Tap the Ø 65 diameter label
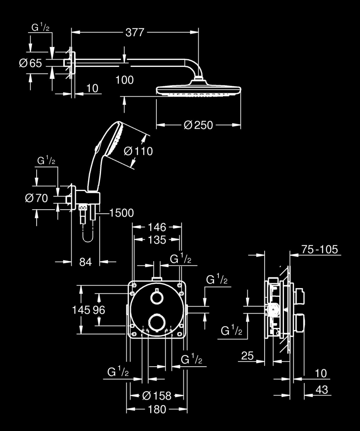click(x=31, y=63)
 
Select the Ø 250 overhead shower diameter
click(x=198, y=125)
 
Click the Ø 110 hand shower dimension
click(x=138, y=151)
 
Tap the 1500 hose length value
click(x=121, y=213)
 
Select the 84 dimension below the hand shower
click(x=86, y=262)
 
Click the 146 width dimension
click(x=157, y=226)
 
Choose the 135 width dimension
click(x=157, y=240)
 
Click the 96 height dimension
click(x=99, y=310)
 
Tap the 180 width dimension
click(x=157, y=409)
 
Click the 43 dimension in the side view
click(x=321, y=390)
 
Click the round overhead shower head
click(x=198, y=90)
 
